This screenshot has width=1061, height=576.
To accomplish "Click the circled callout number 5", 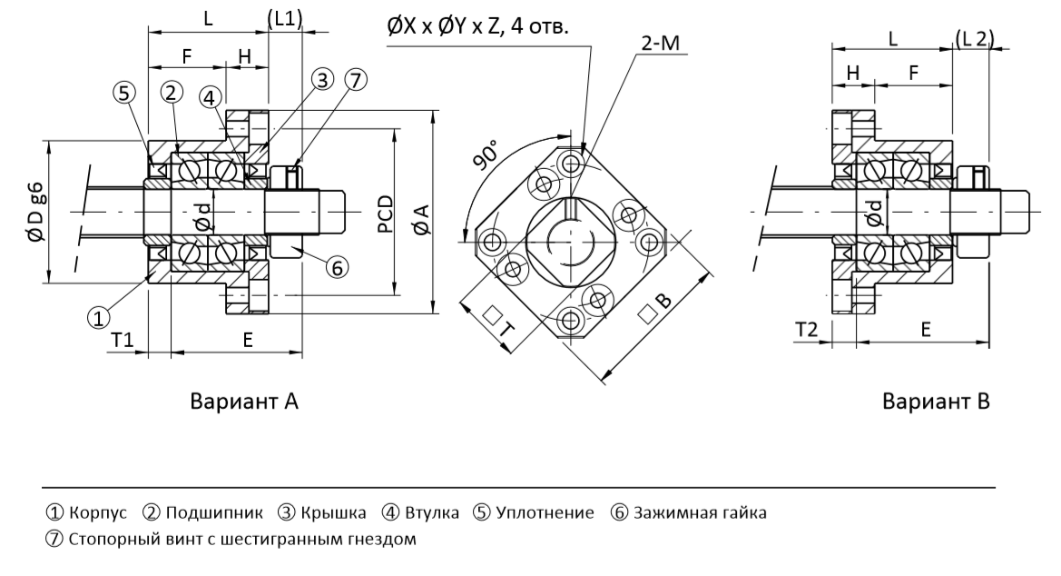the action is coord(123,92).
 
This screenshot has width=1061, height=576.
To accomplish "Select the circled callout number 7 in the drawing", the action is coord(356,80).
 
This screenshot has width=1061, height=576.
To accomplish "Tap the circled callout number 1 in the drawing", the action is coord(99,317).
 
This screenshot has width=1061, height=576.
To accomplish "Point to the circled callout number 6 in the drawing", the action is coord(337,268).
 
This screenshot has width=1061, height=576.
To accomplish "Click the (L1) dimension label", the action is coord(285,19).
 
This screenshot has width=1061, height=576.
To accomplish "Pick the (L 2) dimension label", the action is coord(975,38).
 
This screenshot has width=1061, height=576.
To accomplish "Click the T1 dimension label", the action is coord(123,340).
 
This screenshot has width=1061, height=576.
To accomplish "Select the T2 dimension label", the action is coord(806,330).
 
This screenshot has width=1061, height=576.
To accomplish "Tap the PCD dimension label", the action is coord(385,214).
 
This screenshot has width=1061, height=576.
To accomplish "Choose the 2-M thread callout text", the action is coord(660,43).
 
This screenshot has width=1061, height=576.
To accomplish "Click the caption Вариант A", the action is coord(243,402).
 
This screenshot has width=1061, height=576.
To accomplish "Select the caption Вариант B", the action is coord(936,402).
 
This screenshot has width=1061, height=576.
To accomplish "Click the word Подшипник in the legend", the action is coord(214,512).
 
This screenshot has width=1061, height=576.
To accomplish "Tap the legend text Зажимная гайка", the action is coord(700,512).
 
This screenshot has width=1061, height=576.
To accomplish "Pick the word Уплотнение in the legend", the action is coord(545,512).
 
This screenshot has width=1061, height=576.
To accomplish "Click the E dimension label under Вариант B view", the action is coord(926,330).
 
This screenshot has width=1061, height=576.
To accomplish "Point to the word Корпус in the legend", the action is coord(98,512).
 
